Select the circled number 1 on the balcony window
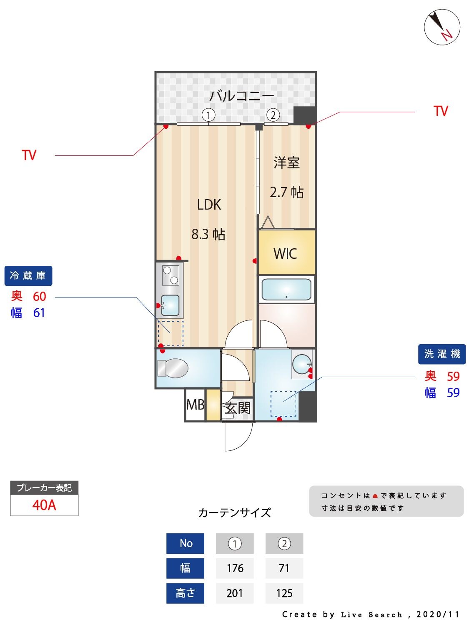[208, 115]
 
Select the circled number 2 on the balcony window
[273, 115]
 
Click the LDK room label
[209, 205]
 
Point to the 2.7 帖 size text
[286, 192]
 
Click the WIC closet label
[286, 253]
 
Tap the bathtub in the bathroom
[286, 289]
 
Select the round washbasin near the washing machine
[301, 364]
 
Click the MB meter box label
[195, 404]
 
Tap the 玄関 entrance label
[238, 408]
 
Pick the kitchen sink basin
[170, 305]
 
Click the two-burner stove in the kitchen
[170, 275]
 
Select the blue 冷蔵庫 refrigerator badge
[28, 276]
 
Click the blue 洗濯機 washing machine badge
[442, 354]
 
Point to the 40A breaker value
[44, 505]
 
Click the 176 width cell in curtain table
[235, 568]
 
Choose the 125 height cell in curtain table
[284, 593]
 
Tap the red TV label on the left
[29, 155]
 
